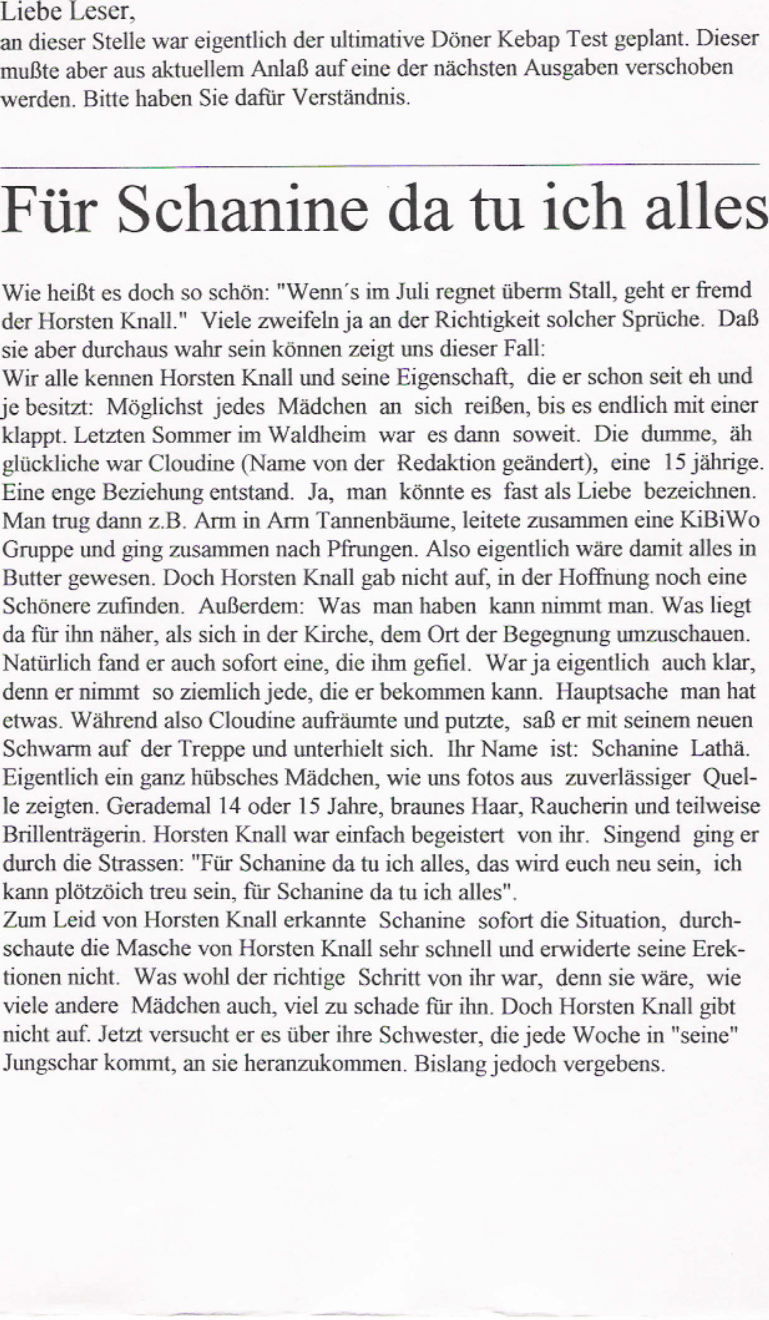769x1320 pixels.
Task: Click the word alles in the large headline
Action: (x=706, y=209)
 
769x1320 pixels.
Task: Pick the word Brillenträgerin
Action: (x=74, y=835)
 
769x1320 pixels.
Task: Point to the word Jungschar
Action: (x=49, y=1063)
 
